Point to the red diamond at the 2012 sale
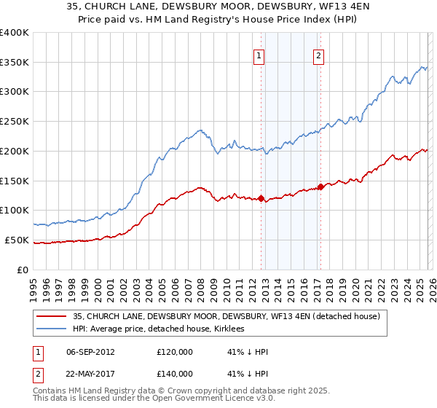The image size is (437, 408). (261, 198)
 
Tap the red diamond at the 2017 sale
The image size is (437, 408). (320, 187)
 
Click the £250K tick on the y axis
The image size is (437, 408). (15, 122)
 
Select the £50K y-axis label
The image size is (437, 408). (16, 240)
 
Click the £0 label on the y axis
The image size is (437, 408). (22, 270)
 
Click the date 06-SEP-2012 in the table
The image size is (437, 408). (90, 351)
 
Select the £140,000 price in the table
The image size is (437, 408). (175, 373)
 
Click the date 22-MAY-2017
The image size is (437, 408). (90, 373)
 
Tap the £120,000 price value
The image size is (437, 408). (175, 351)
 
